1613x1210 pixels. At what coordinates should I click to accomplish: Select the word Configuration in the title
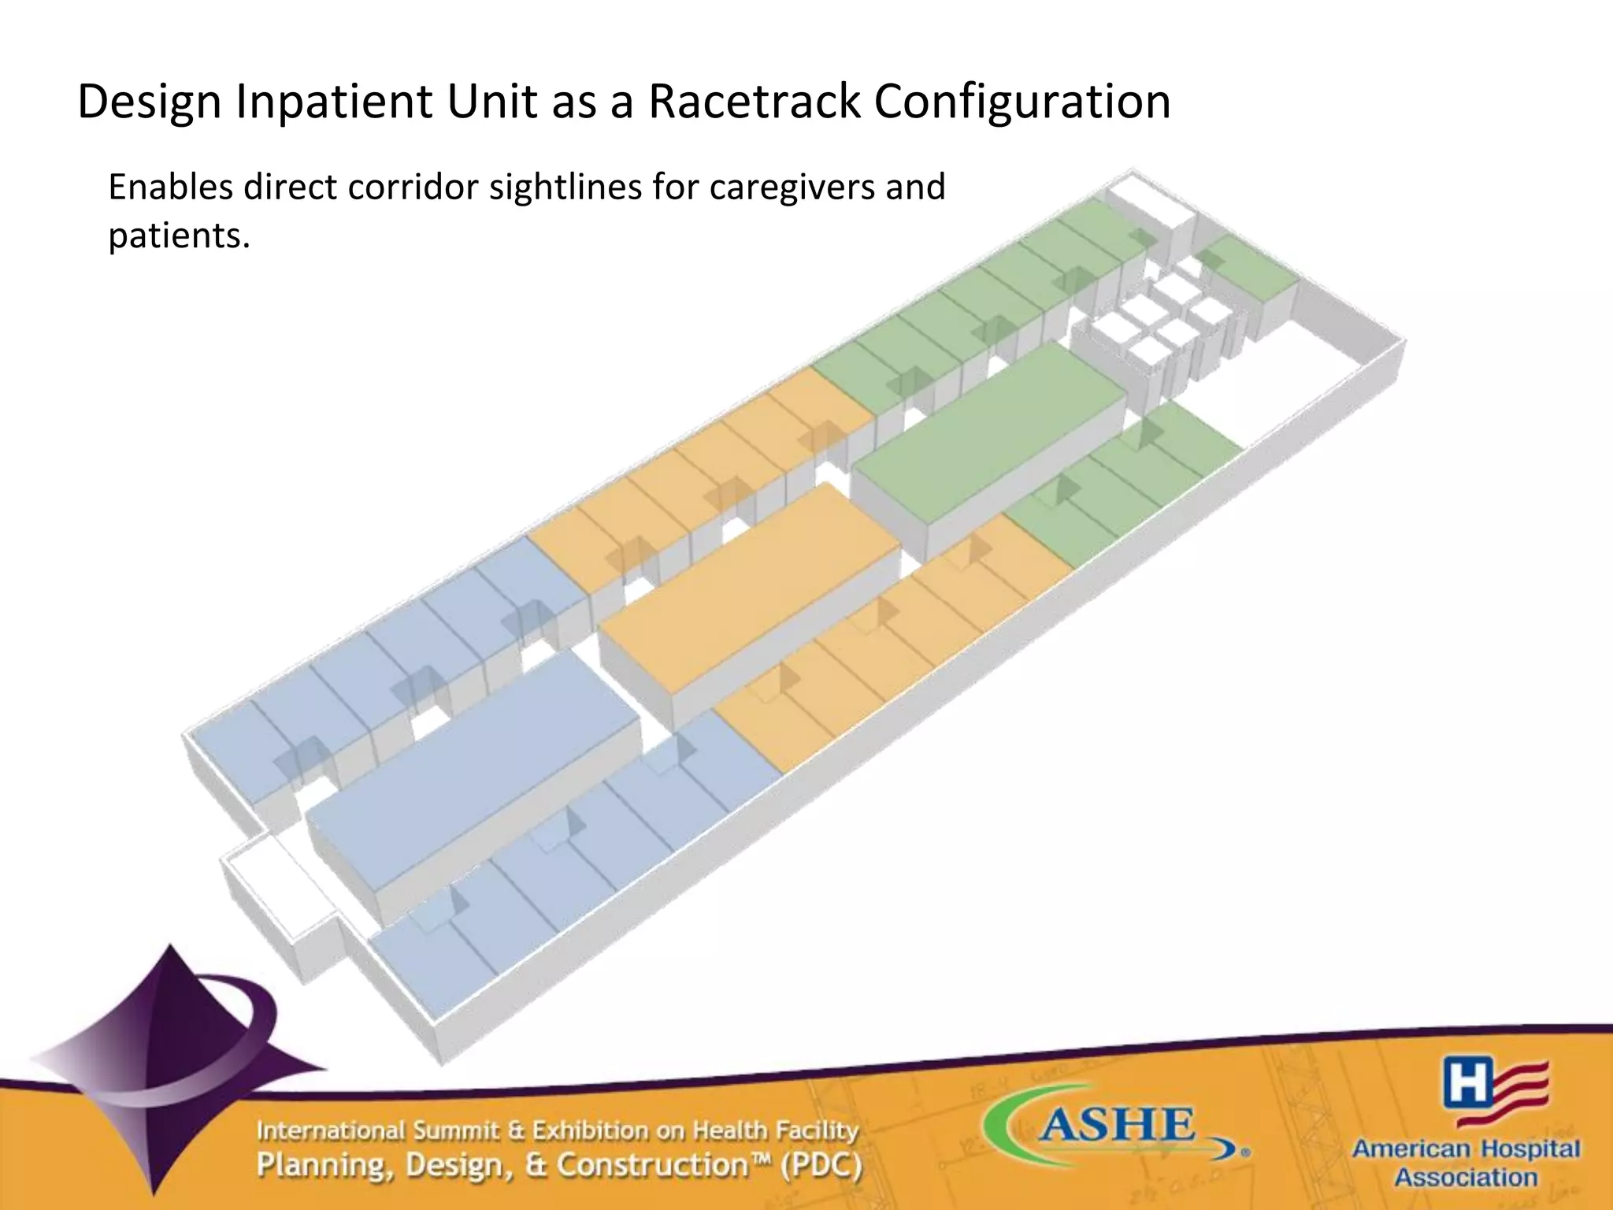tap(1022, 102)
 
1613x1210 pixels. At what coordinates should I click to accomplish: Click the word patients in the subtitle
tap(178, 236)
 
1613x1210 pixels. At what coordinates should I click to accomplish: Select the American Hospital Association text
tap(1466, 1163)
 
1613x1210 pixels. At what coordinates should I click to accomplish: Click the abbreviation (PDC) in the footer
tap(821, 1165)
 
